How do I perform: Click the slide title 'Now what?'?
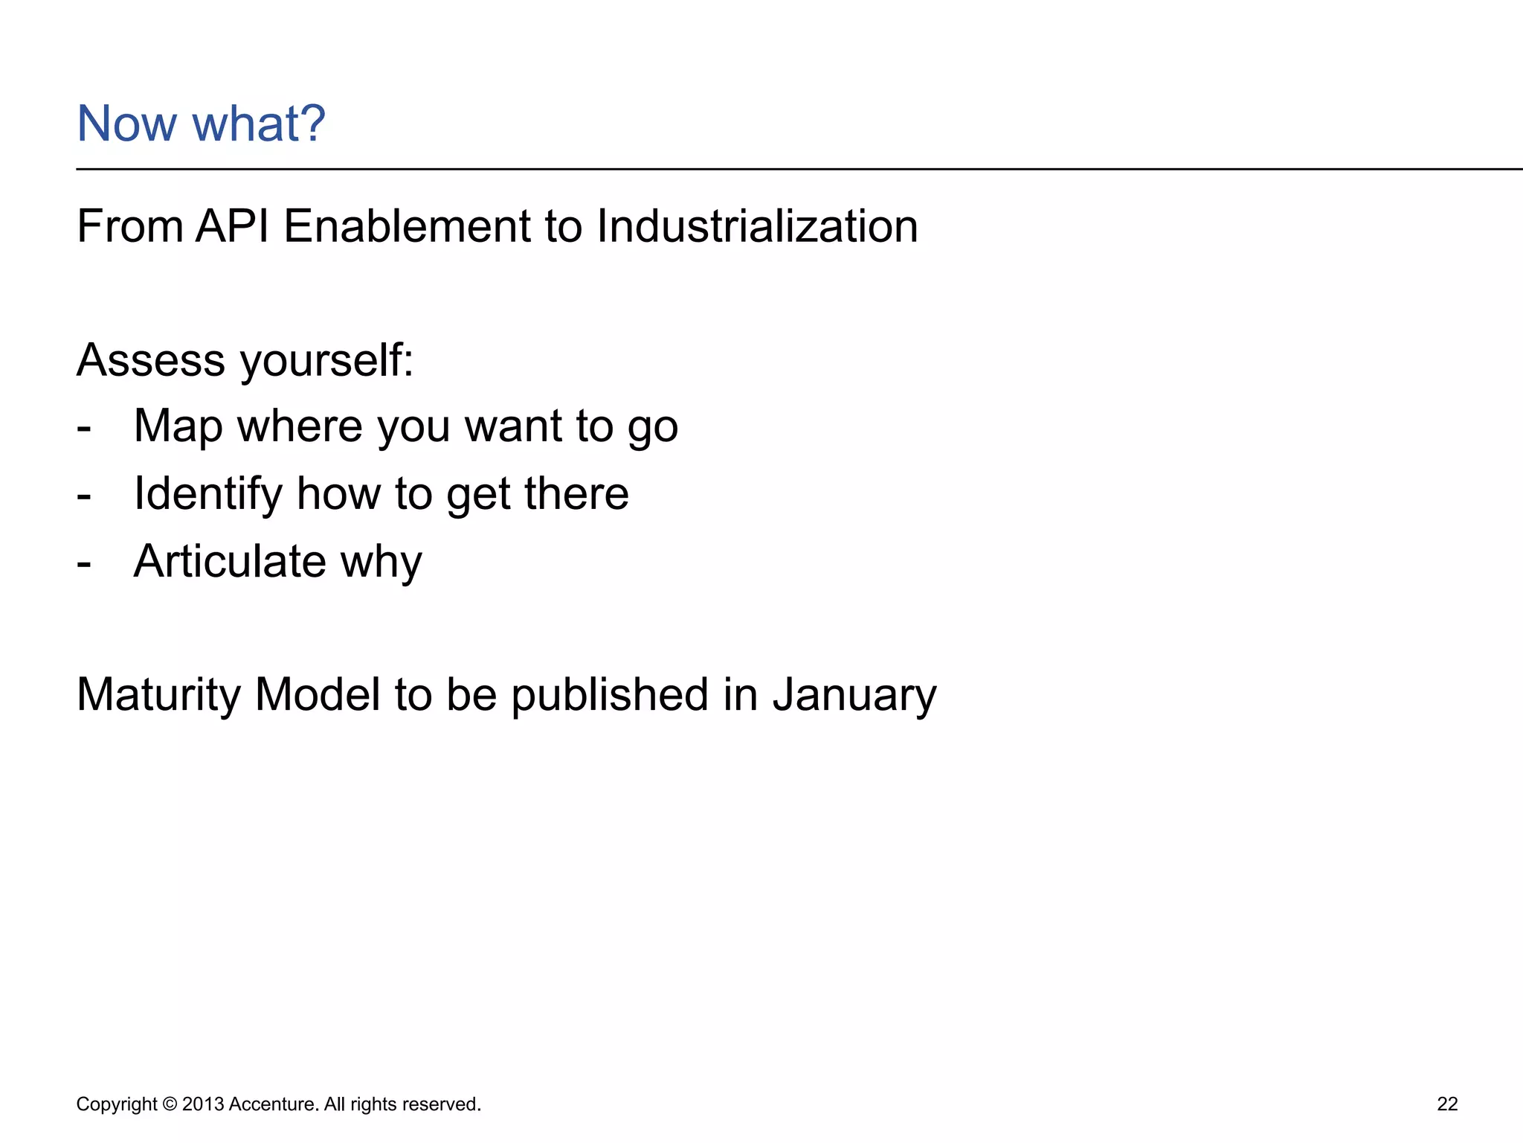pos(201,124)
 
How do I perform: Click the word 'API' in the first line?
pos(232,226)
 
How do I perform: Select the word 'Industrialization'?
pos(756,226)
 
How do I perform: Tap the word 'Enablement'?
pos(407,226)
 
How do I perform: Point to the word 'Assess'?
pos(150,360)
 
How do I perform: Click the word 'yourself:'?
pos(326,362)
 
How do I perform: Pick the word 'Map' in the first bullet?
pos(178,427)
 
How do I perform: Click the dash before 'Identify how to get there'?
pos(84,494)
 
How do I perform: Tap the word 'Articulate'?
pos(229,561)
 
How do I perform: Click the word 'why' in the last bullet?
pos(381,563)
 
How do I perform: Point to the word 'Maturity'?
pos(158,695)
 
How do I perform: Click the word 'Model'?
pos(318,695)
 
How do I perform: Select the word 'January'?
pos(854,695)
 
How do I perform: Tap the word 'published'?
pos(610,695)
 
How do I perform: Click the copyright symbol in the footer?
pos(170,1104)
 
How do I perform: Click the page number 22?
pos(1447,1104)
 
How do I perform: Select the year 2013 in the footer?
pos(202,1104)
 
